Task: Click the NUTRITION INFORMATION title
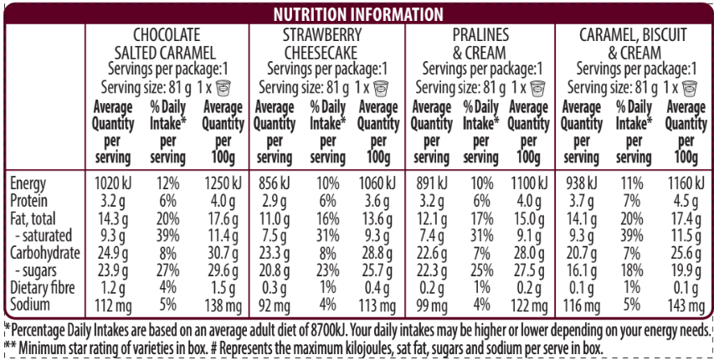tap(357, 13)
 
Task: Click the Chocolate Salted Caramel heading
tap(167, 44)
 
